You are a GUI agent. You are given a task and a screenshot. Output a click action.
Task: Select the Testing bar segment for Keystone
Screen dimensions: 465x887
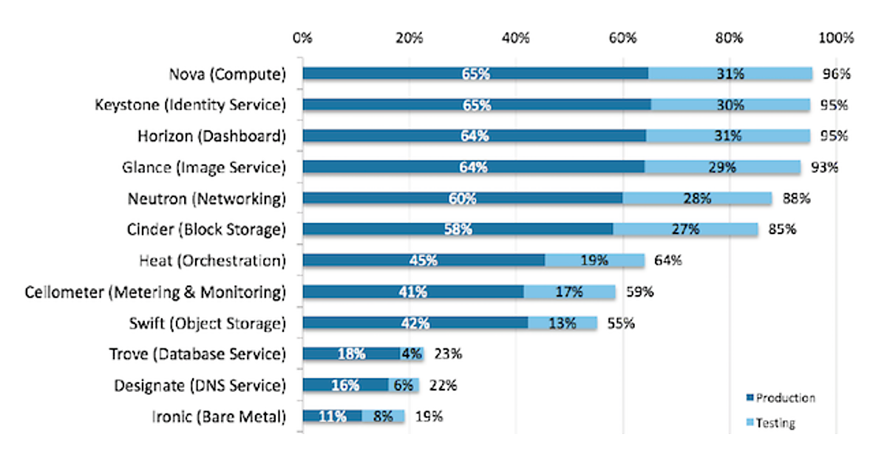pos(730,105)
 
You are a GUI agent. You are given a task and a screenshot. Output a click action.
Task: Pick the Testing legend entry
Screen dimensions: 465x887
pos(773,424)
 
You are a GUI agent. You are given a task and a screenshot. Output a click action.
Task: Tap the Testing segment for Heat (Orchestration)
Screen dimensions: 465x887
pos(594,261)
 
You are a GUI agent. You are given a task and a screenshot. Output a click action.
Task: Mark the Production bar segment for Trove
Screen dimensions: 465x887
pos(351,354)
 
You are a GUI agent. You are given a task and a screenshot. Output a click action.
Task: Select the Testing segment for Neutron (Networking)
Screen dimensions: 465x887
pos(697,199)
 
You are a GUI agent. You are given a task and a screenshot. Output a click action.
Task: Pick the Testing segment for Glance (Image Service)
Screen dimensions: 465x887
pos(722,168)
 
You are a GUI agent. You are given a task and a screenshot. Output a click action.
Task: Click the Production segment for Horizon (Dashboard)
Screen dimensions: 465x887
pos(474,136)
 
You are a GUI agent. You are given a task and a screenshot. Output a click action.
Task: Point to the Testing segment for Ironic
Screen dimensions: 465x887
pos(383,416)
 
